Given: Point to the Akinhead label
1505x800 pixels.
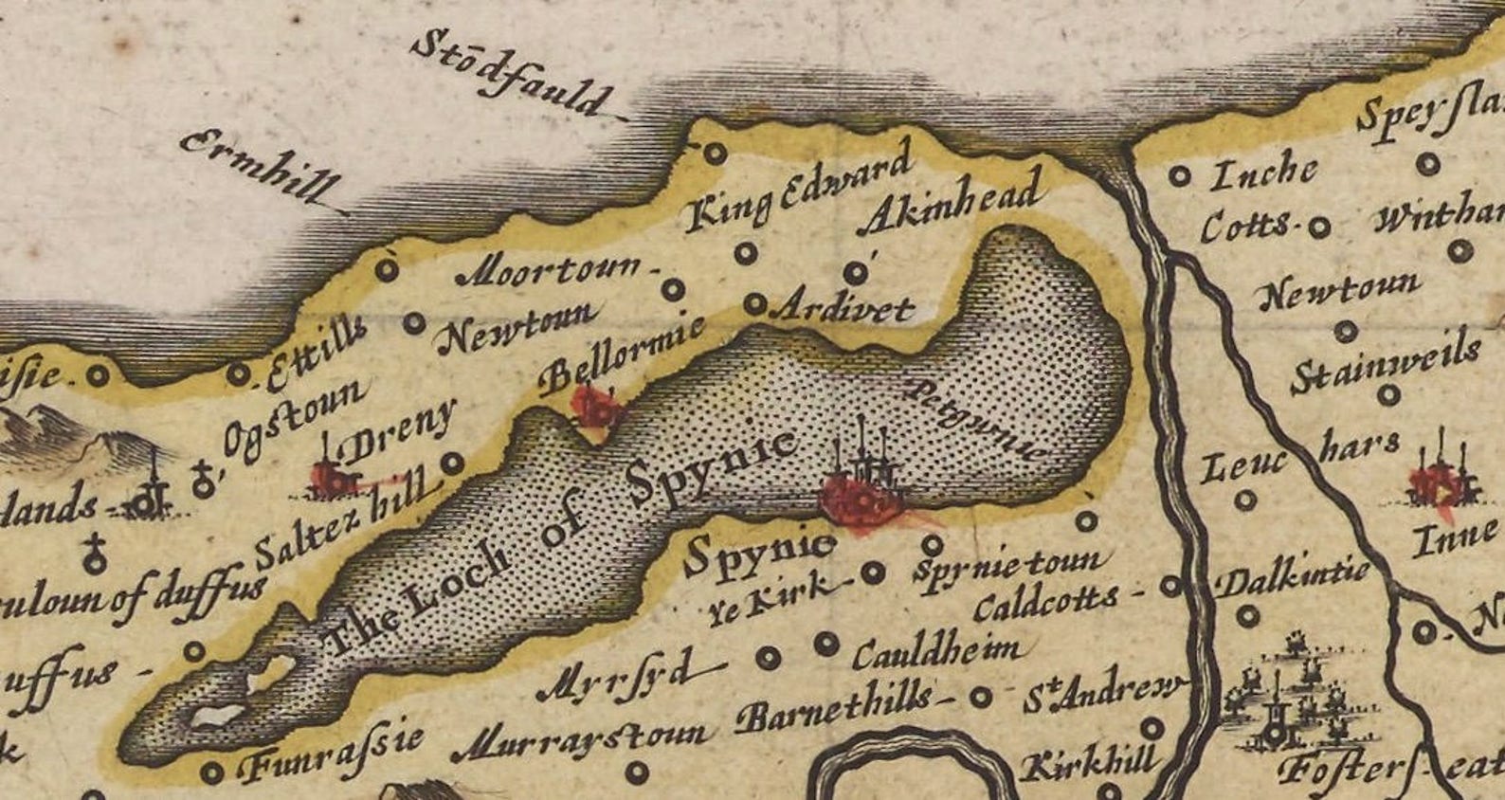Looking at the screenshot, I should coord(952,201).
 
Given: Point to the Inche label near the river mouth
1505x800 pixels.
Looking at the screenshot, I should coord(1264,173).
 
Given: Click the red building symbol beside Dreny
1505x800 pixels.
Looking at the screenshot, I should coord(332,479).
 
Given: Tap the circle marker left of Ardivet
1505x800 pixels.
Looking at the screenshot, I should coord(754,304).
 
